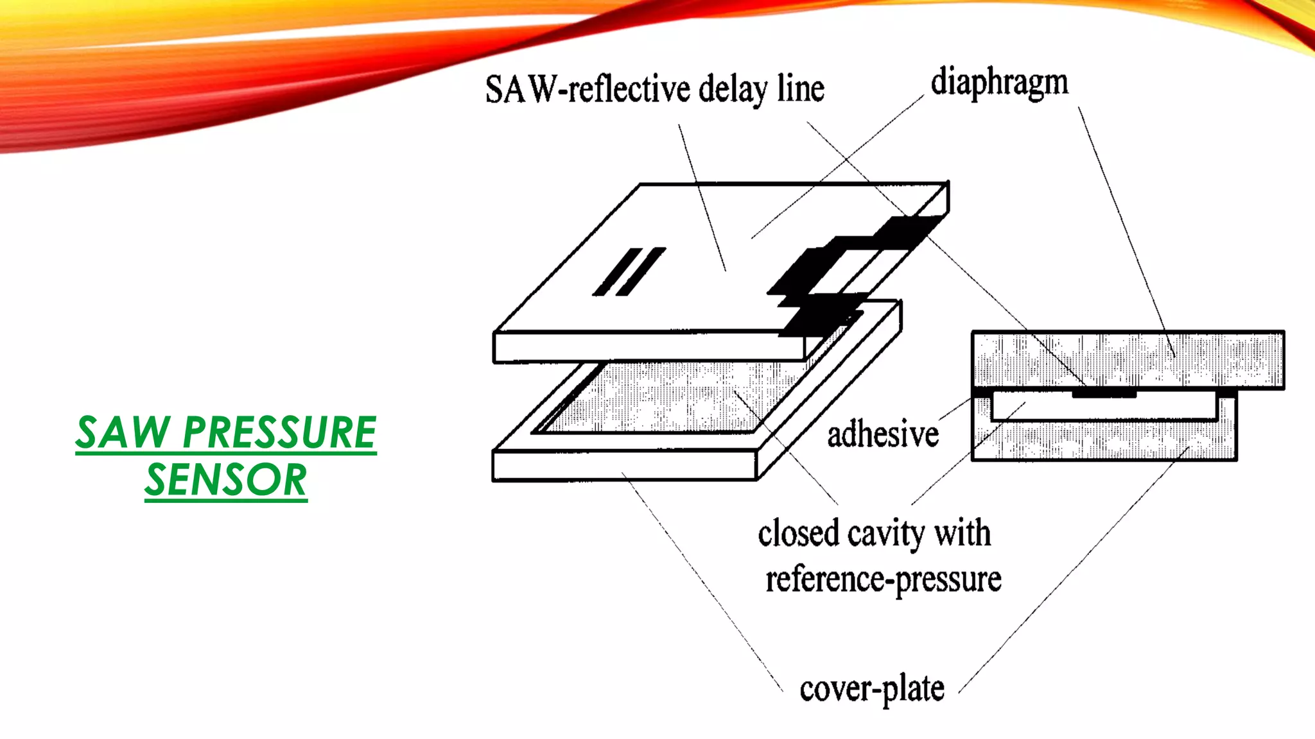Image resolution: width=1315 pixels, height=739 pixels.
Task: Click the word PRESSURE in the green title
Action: click(279, 432)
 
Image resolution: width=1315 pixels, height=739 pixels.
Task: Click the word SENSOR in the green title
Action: click(226, 480)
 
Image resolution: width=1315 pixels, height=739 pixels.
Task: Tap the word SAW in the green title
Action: click(122, 432)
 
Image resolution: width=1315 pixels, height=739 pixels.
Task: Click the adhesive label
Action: click(883, 434)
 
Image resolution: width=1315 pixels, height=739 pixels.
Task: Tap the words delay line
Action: click(762, 89)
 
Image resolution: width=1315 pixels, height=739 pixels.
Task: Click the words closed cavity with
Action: click(874, 534)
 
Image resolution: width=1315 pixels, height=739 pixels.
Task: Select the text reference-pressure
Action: click(883, 579)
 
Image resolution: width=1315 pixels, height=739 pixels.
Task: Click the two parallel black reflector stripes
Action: click(629, 272)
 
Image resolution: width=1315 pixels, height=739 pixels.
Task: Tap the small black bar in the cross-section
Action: click(1104, 393)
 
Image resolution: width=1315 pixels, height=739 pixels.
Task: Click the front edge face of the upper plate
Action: click(649, 347)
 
